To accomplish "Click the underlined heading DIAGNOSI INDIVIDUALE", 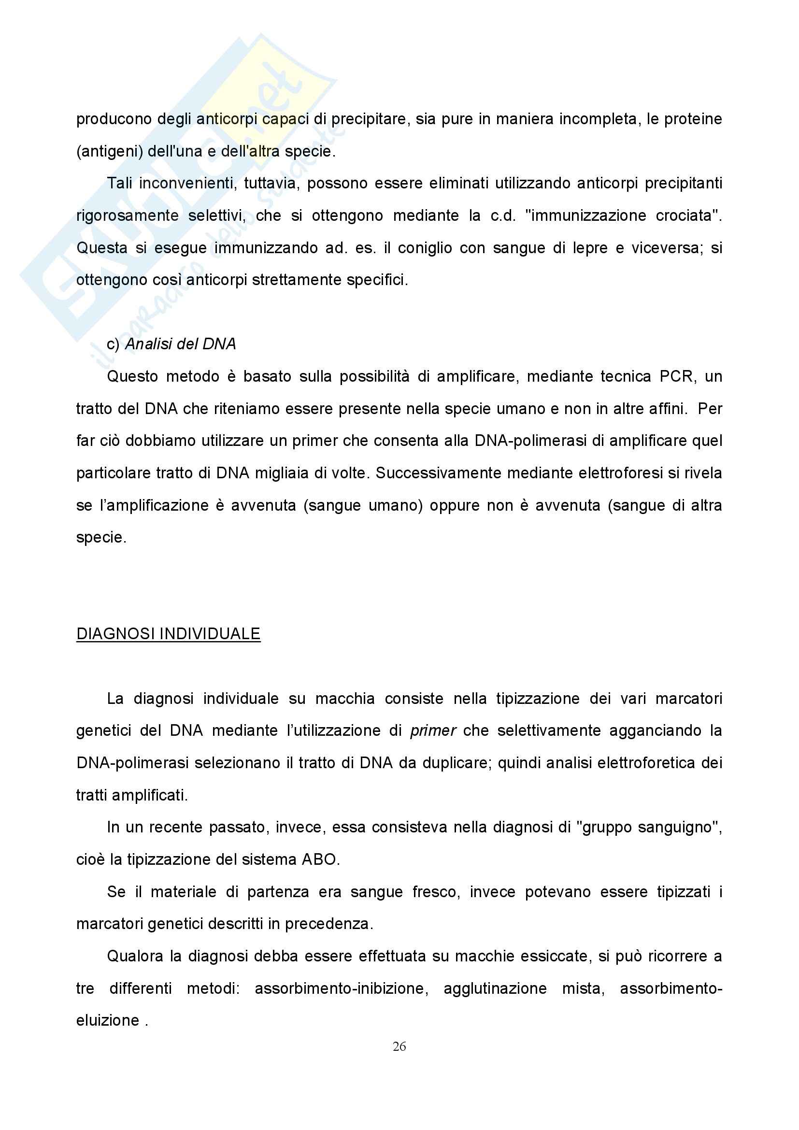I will click(168, 633).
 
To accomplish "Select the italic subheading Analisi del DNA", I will click(181, 344).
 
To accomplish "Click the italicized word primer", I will click(433, 730).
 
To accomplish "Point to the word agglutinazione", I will click(495, 988).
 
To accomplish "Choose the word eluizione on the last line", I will click(108, 1020).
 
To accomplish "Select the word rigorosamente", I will click(128, 215).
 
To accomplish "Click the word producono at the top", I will click(114, 119).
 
